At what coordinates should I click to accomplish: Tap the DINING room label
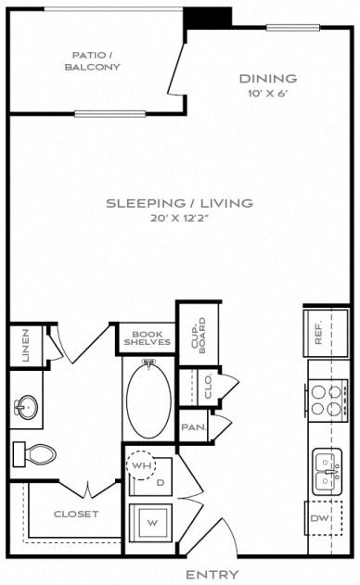pos(268,79)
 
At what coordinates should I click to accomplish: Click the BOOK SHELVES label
pos(147,339)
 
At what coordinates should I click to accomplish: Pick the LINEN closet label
pos(26,345)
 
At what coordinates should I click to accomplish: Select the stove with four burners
pos(328,399)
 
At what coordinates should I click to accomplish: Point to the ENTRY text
pos(212,575)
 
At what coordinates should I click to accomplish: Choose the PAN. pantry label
pos(194,427)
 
